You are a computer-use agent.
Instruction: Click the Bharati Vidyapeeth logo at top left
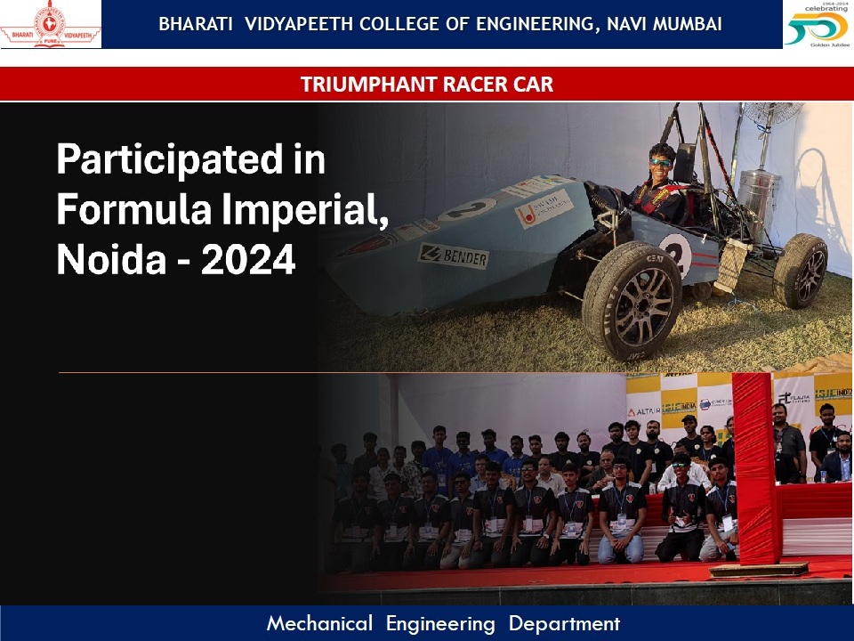(51, 24)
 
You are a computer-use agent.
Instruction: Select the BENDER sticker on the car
(454, 256)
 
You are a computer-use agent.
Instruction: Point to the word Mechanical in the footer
(319, 624)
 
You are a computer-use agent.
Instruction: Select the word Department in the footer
(564, 624)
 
